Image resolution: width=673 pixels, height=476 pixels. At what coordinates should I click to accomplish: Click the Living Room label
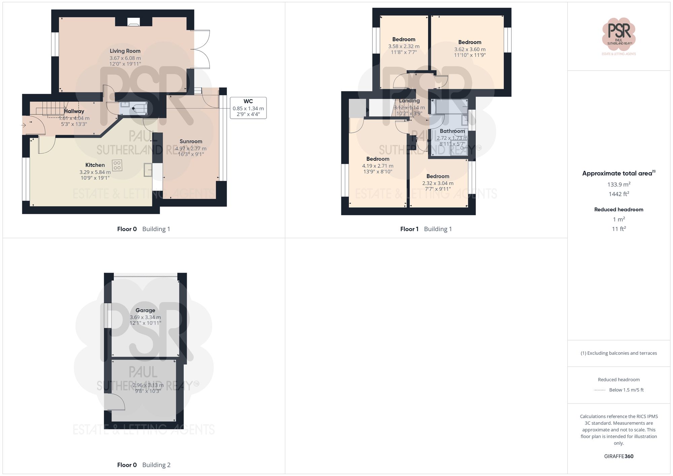(x=125, y=51)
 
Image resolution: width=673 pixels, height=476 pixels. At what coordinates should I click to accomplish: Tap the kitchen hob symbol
(x=117, y=165)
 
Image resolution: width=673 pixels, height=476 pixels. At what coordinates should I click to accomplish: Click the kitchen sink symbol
(x=148, y=170)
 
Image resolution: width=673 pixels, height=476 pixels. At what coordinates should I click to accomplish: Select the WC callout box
(x=248, y=108)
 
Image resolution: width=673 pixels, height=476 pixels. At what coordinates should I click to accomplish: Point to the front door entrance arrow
(x=24, y=125)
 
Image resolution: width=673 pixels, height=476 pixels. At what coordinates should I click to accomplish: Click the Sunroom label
(x=191, y=142)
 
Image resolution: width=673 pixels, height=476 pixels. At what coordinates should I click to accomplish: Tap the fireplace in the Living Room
(x=134, y=22)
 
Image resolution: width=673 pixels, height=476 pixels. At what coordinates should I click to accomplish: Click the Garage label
(x=145, y=310)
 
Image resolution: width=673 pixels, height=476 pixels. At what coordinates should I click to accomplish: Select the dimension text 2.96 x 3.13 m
(x=148, y=386)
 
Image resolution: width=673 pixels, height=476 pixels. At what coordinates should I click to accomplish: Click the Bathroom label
(x=452, y=131)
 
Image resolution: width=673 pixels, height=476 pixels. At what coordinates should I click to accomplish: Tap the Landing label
(x=409, y=101)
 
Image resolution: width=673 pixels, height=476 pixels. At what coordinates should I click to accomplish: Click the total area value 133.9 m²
(x=618, y=184)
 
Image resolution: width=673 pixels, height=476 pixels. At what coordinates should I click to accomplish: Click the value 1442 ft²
(x=618, y=194)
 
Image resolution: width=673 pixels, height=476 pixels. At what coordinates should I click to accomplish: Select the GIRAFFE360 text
(x=618, y=456)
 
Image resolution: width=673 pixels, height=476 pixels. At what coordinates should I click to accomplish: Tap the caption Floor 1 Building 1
(x=426, y=229)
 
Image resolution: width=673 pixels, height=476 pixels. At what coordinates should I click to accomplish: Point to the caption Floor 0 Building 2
(x=144, y=465)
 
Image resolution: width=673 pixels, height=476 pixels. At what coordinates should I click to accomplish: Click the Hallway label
(x=74, y=111)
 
